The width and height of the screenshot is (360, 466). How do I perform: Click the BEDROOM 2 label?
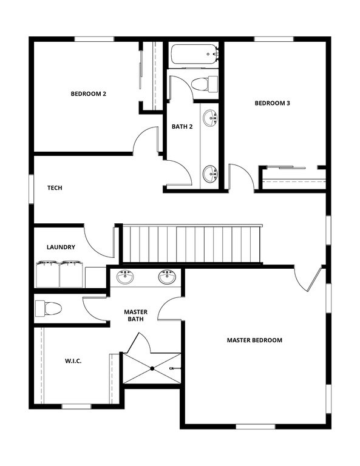[89, 93]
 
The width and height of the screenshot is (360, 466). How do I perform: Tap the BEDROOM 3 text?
[272, 103]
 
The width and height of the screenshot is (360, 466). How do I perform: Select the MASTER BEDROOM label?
[254, 340]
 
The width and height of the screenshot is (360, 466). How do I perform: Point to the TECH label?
[55, 188]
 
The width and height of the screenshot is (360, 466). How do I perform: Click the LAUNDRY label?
[61, 247]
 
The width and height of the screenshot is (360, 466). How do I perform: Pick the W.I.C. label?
[73, 361]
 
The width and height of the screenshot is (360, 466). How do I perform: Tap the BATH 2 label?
[182, 127]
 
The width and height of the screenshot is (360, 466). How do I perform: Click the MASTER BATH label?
[136, 316]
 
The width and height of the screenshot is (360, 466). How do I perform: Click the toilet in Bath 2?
[203, 84]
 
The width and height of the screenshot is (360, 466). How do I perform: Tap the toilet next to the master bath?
[49, 308]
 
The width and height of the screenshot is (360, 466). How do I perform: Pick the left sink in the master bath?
[126, 277]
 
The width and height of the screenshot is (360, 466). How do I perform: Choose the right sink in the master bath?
[167, 277]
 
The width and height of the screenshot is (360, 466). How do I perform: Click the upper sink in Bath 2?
[209, 118]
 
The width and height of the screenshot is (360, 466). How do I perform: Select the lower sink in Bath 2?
[210, 174]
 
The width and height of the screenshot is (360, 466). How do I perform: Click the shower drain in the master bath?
[152, 368]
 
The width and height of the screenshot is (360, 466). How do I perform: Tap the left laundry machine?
[47, 274]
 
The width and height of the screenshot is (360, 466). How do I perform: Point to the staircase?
[192, 244]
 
